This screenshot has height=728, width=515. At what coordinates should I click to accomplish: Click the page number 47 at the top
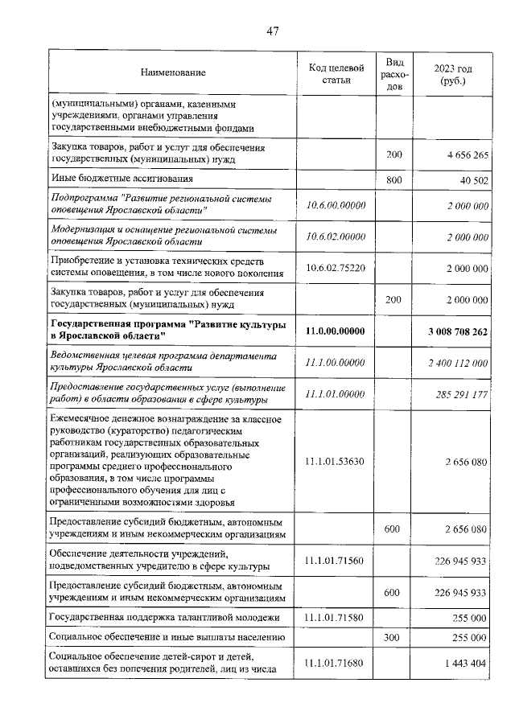(x=272, y=31)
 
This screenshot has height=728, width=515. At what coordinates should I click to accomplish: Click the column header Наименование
(x=173, y=73)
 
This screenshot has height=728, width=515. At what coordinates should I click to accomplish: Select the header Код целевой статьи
(x=336, y=73)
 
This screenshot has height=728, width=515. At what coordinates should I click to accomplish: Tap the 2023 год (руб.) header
(x=452, y=73)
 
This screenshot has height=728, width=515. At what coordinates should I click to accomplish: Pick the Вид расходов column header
(x=394, y=73)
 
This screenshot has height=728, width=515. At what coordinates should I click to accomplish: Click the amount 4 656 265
(x=463, y=154)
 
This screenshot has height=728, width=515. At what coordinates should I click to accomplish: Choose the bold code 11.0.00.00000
(x=336, y=331)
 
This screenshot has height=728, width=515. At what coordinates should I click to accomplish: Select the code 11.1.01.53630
(x=336, y=461)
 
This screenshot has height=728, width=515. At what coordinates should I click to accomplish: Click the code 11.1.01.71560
(x=336, y=559)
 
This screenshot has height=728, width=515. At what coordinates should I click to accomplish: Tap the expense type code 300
(x=394, y=637)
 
